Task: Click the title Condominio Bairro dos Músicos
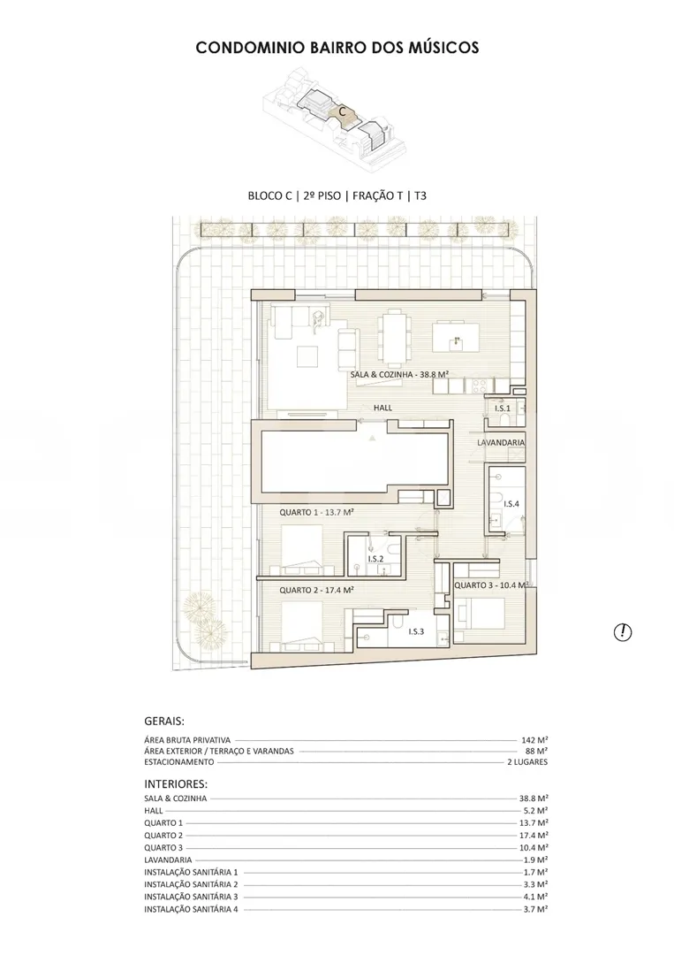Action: click(337, 48)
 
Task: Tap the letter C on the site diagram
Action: click(343, 112)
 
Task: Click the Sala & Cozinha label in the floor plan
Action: click(399, 375)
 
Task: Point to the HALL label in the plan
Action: click(382, 408)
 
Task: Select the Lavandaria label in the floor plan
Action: click(501, 443)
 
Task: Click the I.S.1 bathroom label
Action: click(503, 408)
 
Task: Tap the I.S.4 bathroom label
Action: click(511, 504)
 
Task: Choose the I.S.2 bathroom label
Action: click(376, 559)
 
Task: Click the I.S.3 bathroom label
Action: click(416, 631)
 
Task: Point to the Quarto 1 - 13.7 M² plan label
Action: click(317, 513)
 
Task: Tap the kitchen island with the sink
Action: click(455, 337)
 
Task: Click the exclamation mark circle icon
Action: click(622, 632)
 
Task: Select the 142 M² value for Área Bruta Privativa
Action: click(534, 740)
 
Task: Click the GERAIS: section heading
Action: click(164, 722)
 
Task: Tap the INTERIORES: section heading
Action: click(176, 784)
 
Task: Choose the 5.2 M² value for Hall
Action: click(536, 811)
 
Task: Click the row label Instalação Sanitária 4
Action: click(191, 909)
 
